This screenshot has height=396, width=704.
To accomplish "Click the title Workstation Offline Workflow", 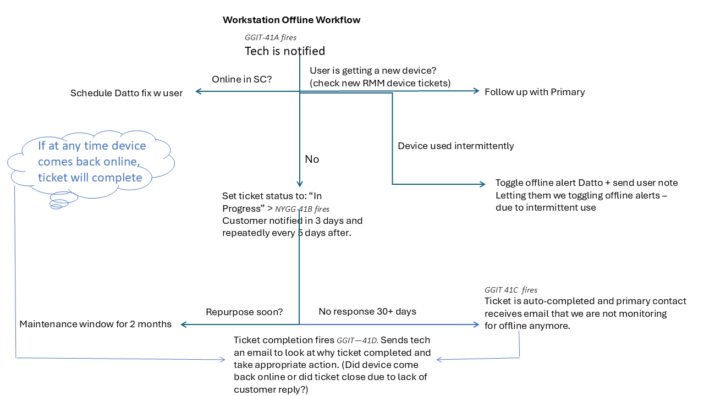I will [x=291, y=20].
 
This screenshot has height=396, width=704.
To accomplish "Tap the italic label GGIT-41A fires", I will [x=271, y=38].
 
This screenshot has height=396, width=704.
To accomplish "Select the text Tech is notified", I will [x=284, y=51].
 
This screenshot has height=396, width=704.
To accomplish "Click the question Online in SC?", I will [x=242, y=80].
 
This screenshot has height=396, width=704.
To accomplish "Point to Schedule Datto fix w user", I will [x=127, y=93].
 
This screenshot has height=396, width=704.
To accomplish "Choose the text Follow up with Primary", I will [x=535, y=92].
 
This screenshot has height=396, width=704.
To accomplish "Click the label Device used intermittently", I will [x=456, y=146].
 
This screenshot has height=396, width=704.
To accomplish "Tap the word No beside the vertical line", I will [x=312, y=159].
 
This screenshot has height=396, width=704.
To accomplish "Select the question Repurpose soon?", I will [x=244, y=312].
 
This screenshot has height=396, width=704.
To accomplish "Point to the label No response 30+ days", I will [x=367, y=312].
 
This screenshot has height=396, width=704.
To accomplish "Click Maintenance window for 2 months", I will [x=96, y=324].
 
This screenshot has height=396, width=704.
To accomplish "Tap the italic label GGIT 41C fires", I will [x=511, y=290].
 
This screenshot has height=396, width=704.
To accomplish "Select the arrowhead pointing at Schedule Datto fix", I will [x=199, y=92].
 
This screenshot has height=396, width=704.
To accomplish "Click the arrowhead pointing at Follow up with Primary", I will [x=477, y=92].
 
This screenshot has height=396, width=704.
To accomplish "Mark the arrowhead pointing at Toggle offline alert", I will [x=483, y=184].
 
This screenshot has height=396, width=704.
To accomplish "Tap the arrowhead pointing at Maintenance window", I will [x=184, y=325].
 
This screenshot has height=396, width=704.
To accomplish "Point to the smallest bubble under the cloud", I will [x=56, y=207].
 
